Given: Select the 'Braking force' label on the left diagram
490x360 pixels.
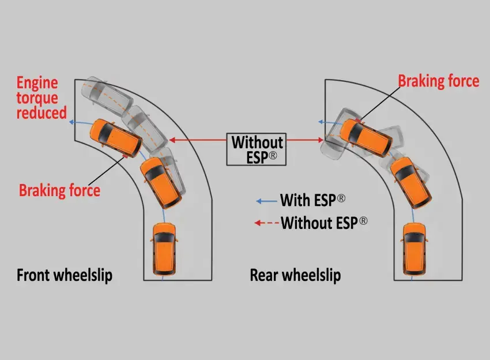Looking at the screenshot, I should (x=59, y=190).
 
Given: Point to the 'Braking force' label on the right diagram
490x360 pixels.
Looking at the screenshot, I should (x=438, y=81).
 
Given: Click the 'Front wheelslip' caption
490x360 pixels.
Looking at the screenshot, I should (x=65, y=275).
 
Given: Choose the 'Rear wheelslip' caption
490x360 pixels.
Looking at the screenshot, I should (x=295, y=275).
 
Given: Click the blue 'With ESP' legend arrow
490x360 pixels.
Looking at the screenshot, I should (x=266, y=201).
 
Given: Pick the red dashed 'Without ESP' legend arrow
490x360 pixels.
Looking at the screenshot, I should (x=266, y=222).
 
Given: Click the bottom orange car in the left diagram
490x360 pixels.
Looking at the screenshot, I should (x=163, y=247).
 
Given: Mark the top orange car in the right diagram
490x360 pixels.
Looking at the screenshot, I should (x=365, y=137).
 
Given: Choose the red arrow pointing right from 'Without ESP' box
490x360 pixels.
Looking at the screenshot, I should (x=305, y=140).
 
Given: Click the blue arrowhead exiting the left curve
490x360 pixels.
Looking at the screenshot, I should (x=71, y=122).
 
